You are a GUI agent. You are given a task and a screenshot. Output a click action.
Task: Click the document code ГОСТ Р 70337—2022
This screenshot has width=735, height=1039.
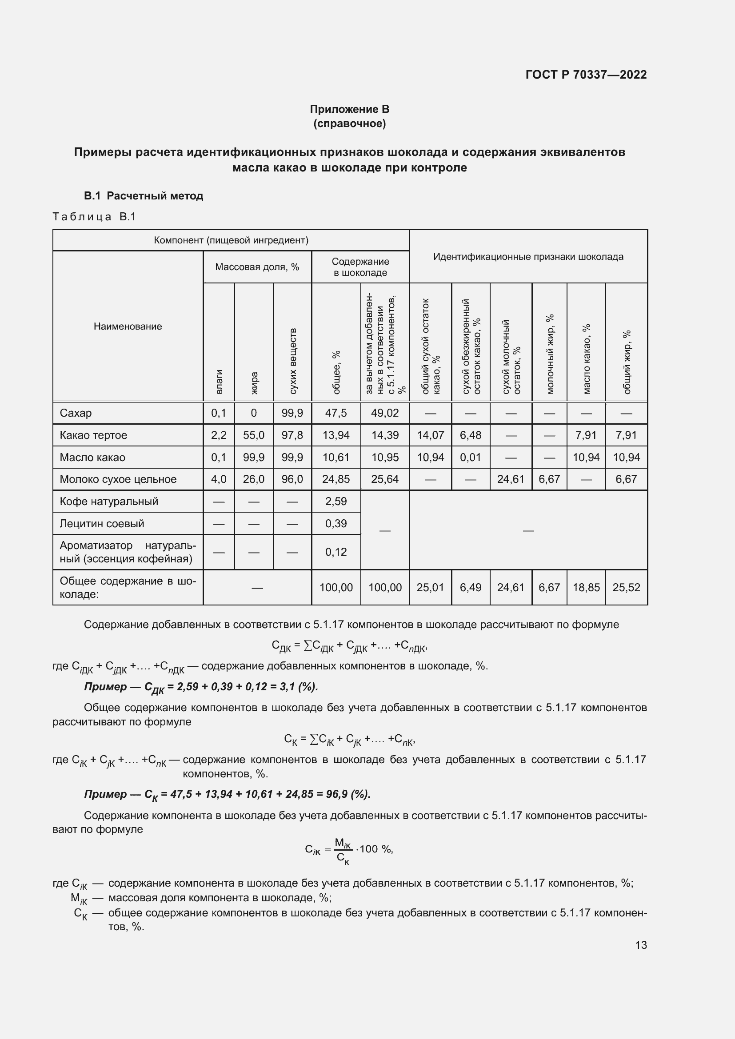click(586, 75)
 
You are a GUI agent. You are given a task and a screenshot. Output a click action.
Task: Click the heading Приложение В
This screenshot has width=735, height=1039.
click(349, 109)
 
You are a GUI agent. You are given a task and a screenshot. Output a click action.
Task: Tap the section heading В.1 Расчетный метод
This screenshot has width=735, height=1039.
click(144, 196)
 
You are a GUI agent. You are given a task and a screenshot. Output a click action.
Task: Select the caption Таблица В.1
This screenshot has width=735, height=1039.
click(94, 217)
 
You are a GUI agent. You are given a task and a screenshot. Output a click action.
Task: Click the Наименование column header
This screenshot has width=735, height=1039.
click(128, 326)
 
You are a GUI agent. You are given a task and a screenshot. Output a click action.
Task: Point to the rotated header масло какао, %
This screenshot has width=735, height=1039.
click(586, 358)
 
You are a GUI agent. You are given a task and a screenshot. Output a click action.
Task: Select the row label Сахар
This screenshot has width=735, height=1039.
click(76, 413)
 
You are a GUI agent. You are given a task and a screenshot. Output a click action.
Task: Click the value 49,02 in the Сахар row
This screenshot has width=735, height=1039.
click(385, 413)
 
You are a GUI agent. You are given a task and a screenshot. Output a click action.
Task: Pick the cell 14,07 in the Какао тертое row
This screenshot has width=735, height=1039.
click(430, 435)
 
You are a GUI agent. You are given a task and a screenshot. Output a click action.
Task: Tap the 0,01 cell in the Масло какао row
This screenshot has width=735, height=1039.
click(470, 457)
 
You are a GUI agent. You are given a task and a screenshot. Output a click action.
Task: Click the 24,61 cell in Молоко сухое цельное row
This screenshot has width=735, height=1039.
click(511, 479)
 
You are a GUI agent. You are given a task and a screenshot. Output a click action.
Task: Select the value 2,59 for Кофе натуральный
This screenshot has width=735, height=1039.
click(336, 501)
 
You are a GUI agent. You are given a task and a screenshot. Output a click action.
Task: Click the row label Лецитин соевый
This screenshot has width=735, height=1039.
click(102, 523)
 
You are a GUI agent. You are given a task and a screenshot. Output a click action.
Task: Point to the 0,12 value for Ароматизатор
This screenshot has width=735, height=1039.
click(336, 552)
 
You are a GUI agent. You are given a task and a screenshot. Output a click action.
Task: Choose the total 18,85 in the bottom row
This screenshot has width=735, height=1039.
click(586, 587)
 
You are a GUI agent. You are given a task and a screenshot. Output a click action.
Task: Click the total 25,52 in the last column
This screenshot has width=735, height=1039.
click(627, 587)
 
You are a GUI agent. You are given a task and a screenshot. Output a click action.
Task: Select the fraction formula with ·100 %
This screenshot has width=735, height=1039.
click(349, 849)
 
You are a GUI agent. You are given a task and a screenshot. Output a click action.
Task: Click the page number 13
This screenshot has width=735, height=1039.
click(641, 945)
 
